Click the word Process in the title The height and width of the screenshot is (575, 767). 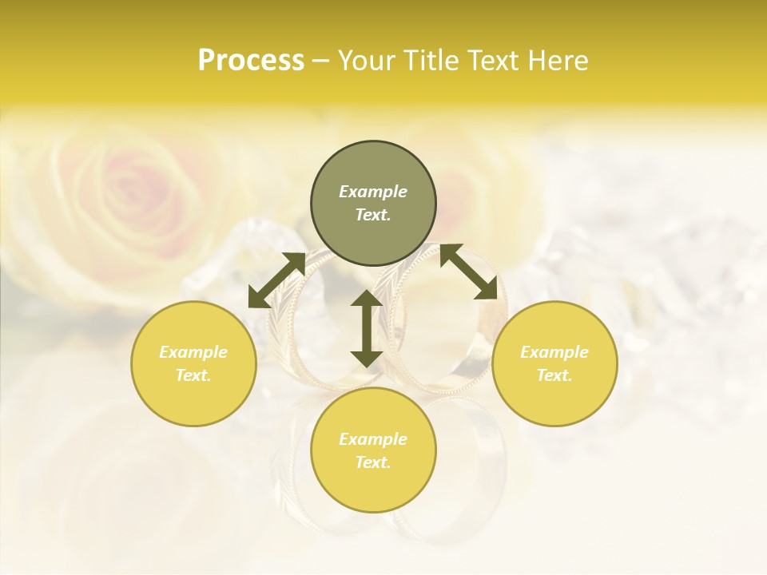click(251, 61)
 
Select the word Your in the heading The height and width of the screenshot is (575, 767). click(367, 61)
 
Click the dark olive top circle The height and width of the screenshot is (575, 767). click(373, 204)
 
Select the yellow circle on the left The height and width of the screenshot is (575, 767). click(193, 363)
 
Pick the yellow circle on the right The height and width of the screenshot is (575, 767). click(554, 363)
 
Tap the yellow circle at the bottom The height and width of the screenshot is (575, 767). click(373, 450)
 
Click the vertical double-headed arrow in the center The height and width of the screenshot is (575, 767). click(367, 328)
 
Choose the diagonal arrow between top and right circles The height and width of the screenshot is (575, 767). click(468, 272)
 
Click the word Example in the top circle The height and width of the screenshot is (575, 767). click(373, 192)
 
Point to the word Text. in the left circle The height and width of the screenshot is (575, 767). click(193, 375)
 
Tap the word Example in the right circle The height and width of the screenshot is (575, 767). click(554, 352)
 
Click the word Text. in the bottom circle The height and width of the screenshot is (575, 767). click(373, 462)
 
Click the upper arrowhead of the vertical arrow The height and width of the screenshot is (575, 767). click(367, 299)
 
